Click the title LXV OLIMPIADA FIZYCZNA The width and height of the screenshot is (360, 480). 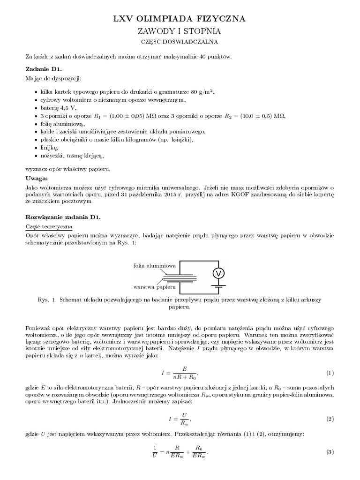(180, 19)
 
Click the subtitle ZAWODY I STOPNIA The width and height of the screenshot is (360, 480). (180, 31)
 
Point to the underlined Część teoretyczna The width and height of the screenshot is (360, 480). (48, 226)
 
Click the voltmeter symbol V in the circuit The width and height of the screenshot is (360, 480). (217, 273)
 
